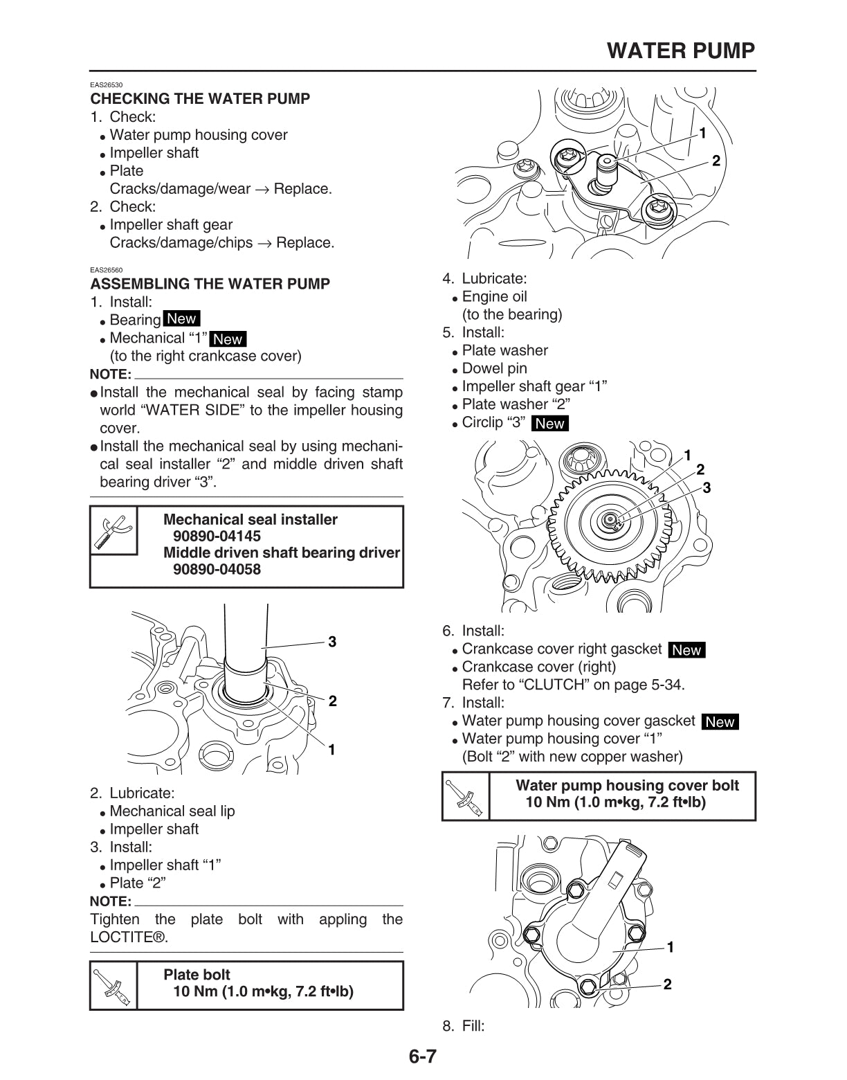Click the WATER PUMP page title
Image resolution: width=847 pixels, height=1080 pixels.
681,51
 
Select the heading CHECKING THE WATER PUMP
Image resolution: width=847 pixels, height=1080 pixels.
200,98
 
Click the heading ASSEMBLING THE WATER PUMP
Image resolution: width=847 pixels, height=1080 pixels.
210,283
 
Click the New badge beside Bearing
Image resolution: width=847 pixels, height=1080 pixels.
181,319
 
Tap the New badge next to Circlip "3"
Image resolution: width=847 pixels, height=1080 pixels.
550,423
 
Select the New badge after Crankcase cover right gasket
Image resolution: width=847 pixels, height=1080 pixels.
686,649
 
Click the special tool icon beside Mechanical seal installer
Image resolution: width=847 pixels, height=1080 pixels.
113,534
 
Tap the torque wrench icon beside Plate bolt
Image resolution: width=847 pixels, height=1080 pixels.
113,985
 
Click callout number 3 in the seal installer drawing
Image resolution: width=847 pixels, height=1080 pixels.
332,642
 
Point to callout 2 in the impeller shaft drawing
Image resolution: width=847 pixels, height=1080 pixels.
716,161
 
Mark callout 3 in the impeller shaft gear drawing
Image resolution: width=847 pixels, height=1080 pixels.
707,488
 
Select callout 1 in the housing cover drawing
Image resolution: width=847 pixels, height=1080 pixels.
670,947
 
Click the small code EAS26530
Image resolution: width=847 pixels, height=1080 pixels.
107,85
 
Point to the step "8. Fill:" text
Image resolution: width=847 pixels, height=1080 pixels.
464,1026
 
